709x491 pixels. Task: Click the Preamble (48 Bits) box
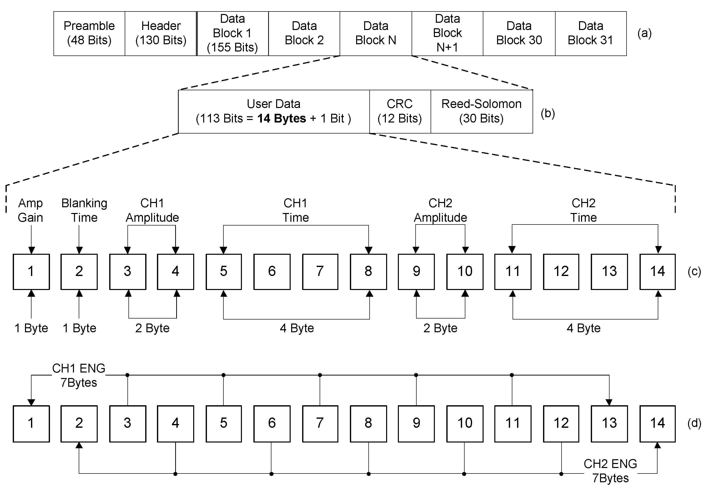pyautogui.click(x=89, y=33)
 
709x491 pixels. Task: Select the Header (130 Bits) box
pyautogui.click(x=160, y=33)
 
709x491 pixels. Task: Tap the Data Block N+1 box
pyautogui.click(x=447, y=33)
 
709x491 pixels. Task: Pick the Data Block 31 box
pyautogui.click(x=590, y=33)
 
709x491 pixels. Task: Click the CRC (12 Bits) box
pyautogui.click(x=400, y=111)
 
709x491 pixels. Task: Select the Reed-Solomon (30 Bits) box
pyautogui.click(x=482, y=111)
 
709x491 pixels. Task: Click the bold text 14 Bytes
pyautogui.click(x=282, y=118)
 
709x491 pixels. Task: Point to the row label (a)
pyautogui.click(x=645, y=33)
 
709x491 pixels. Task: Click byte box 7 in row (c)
pyautogui.click(x=320, y=272)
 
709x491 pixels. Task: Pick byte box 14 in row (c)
pyautogui.click(x=657, y=272)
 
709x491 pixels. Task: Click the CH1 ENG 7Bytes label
pyautogui.click(x=79, y=375)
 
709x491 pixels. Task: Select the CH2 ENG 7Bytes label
pyautogui.click(x=610, y=471)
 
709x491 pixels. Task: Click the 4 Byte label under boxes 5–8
pyautogui.click(x=297, y=328)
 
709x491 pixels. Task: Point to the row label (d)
pyautogui.click(x=694, y=423)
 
